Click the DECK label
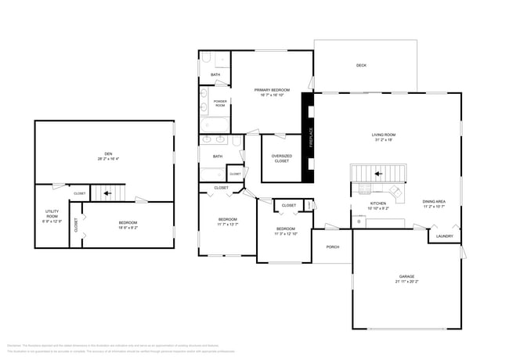click(x=361, y=66)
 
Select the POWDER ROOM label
click(x=220, y=103)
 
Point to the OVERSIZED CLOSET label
click(x=281, y=158)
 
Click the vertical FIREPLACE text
click(x=310, y=138)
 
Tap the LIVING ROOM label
click(x=383, y=135)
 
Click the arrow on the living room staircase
click(x=377, y=174)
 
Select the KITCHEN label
click(x=378, y=203)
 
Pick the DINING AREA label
click(x=434, y=201)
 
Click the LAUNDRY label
click(x=444, y=236)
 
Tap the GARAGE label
click(x=406, y=275)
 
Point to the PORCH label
click(x=332, y=247)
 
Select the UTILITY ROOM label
click(x=52, y=214)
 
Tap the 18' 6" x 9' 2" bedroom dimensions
click(x=128, y=228)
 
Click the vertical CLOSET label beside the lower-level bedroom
click(x=76, y=225)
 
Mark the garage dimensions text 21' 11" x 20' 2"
click(x=406, y=280)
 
